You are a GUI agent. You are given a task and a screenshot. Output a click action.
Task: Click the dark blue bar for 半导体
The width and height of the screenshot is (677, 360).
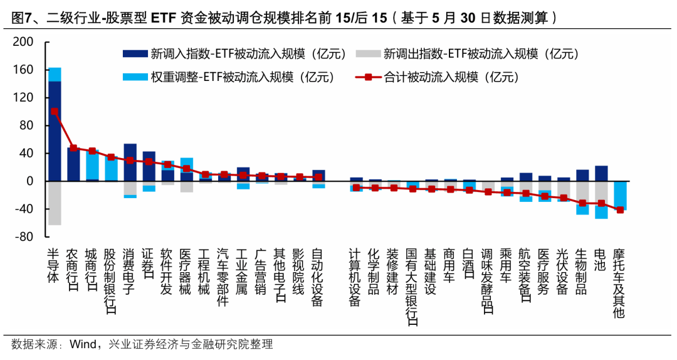point(55,130)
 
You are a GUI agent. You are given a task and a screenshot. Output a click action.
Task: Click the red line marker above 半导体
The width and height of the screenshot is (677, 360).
point(55,112)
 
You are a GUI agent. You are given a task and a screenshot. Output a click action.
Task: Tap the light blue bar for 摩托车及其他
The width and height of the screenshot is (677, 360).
point(619,195)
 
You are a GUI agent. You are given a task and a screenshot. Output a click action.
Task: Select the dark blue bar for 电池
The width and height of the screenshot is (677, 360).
point(601,174)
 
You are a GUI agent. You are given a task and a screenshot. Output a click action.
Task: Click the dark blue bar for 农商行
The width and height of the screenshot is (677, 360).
point(73,164)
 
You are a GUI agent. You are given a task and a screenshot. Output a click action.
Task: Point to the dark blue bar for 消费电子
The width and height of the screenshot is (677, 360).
point(130,162)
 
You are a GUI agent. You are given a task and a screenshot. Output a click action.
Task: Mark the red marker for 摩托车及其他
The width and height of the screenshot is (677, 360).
point(619,210)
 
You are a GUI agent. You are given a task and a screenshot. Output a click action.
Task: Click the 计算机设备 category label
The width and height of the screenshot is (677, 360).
point(356,276)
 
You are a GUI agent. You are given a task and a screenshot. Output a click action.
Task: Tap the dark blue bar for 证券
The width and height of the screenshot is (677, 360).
point(149,166)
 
